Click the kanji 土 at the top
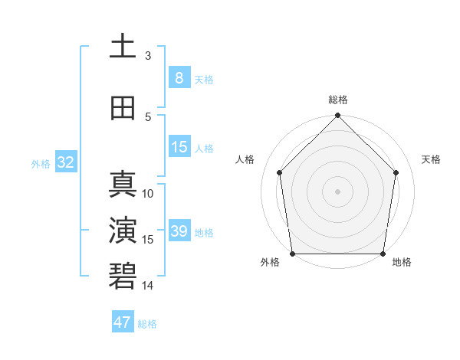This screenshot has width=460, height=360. pyautogui.click(x=123, y=47)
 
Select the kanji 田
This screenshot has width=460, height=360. pyautogui.click(x=123, y=108)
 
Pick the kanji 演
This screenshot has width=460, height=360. pyautogui.click(x=123, y=231)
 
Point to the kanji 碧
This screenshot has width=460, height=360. pyautogui.click(x=123, y=276)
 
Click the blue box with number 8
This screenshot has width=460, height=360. pyautogui.click(x=179, y=77)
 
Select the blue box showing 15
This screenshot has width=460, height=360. pyautogui.click(x=179, y=146)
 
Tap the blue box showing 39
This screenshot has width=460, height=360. pyautogui.click(x=179, y=231)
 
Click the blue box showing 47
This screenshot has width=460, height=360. pyautogui.click(x=123, y=322)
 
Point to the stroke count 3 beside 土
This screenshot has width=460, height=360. pyautogui.click(x=148, y=55)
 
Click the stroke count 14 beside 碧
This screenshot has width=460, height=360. pyautogui.click(x=148, y=285)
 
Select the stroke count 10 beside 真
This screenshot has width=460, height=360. pyautogui.click(x=148, y=194)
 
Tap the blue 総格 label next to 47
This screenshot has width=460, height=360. pyautogui.click(x=147, y=324)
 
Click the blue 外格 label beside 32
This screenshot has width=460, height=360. pyautogui.click(x=41, y=163)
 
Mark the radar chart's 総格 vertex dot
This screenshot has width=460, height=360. pyautogui.click(x=338, y=116)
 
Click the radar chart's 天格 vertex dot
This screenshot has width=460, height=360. pyautogui.click(x=396, y=172)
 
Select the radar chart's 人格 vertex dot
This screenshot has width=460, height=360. pyautogui.click(x=280, y=172)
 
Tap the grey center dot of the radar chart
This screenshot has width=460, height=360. pyautogui.click(x=338, y=191)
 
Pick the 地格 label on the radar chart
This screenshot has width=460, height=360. pyautogui.click(x=402, y=262)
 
